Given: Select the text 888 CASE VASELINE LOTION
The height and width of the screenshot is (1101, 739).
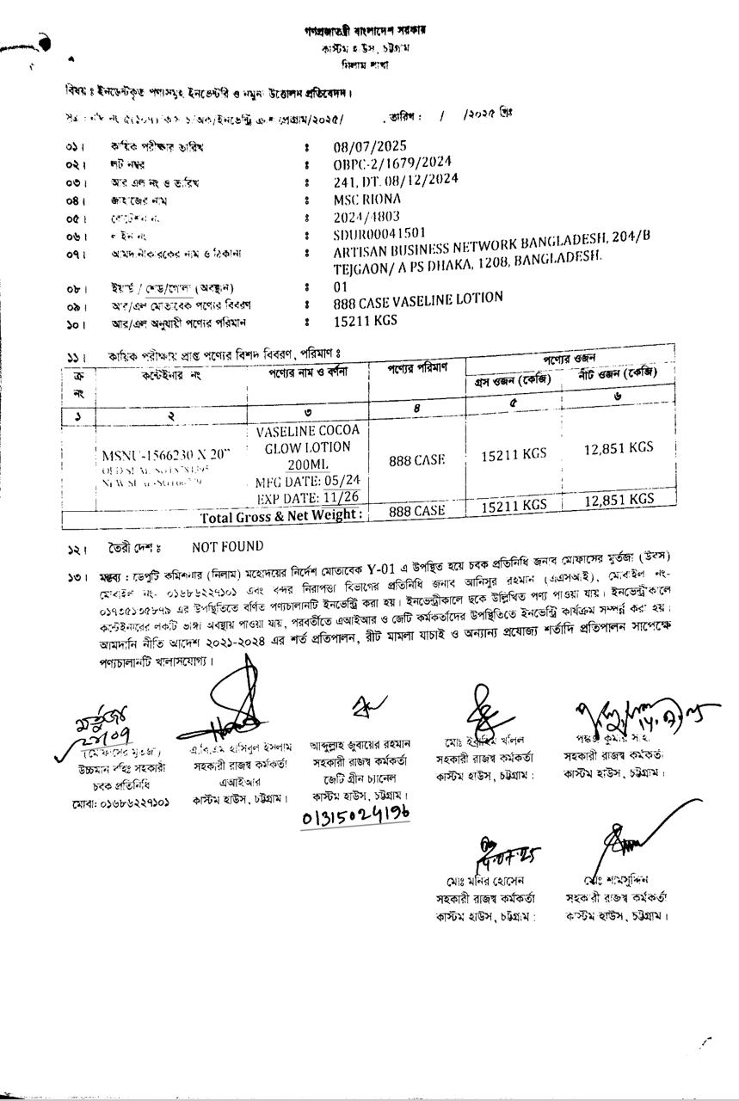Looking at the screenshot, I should click(x=418, y=301).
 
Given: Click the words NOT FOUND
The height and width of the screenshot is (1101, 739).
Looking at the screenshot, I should click(x=228, y=547).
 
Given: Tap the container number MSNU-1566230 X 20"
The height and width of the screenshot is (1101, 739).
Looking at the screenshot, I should click(x=165, y=456).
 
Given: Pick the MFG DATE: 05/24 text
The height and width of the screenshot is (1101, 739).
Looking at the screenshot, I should click(x=308, y=482).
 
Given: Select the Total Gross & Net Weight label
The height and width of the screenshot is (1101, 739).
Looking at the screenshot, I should click(x=280, y=516).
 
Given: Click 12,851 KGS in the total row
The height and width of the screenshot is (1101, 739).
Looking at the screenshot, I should click(x=619, y=500).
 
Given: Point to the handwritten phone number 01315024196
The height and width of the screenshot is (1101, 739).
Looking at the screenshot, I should click(x=355, y=813).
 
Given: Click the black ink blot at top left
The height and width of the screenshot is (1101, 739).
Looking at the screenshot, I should click(x=43, y=43).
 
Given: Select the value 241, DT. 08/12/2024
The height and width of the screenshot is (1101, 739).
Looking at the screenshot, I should click(x=396, y=181).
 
